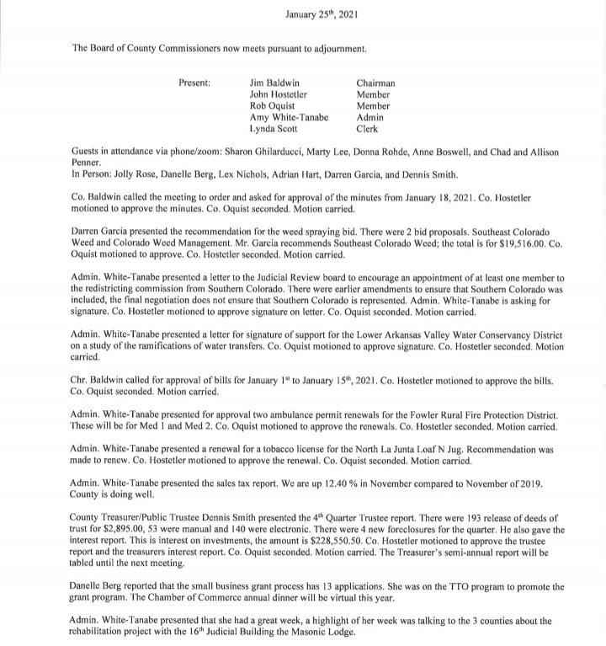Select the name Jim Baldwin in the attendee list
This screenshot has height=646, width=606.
(x=274, y=83)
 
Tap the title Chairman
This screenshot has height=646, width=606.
(x=376, y=83)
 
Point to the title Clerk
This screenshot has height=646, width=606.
(x=367, y=129)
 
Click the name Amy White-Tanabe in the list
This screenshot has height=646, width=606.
(x=289, y=118)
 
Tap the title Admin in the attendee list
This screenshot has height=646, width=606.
(x=371, y=118)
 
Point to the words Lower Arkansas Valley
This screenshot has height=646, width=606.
(x=395, y=335)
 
